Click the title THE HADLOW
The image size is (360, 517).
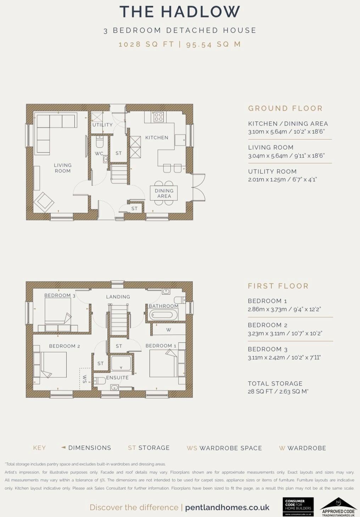click(x=180, y=12)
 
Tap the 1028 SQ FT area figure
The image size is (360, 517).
click(x=146, y=44)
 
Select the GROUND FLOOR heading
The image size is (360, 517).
click(x=285, y=109)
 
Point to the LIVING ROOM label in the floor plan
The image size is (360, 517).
click(x=63, y=168)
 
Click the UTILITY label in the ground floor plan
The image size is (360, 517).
click(x=102, y=125)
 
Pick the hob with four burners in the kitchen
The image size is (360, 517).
click(x=159, y=117)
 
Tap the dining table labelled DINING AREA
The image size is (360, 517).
click(x=164, y=193)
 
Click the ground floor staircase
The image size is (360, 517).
click(x=119, y=173)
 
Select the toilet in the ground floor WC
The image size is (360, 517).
click(x=100, y=142)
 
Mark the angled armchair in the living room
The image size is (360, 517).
click(x=44, y=202)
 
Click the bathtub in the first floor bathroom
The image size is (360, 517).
click(x=163, y=315)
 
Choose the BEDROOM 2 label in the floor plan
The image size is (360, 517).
click(x=64, y=346)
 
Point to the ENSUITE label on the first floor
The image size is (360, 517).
click(x=117, y=378)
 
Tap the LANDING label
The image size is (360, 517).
click(x=118, y=297)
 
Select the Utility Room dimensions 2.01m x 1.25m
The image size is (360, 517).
click(x=282, y=179)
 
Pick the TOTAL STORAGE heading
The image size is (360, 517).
click(x=275, y=384)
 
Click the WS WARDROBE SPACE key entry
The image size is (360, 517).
click(x=224, y=448)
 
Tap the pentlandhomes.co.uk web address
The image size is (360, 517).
click(x=227, y=507)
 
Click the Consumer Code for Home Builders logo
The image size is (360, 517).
click(x=298, y=507)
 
